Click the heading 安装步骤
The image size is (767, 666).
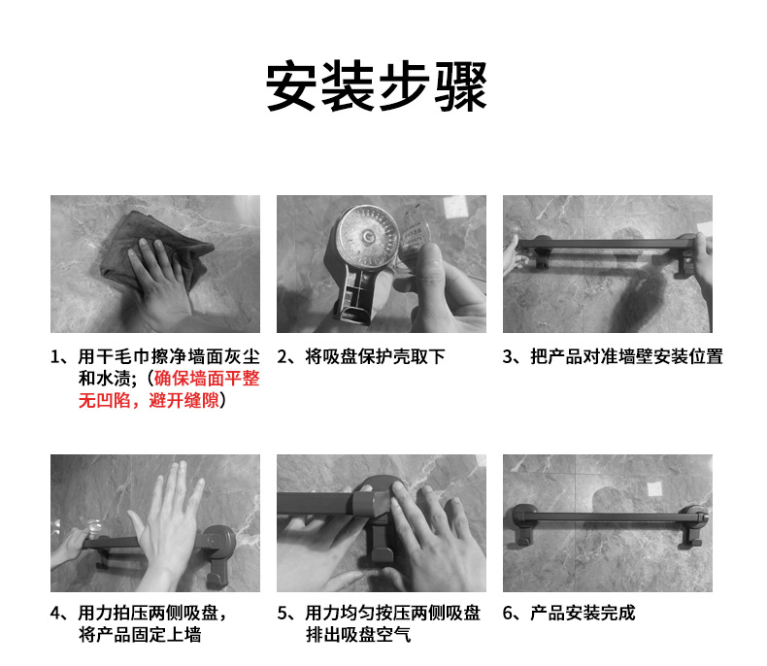pyautogui.click(x=376, y=86)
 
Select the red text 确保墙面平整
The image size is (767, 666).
pyautogui.click(x=207, y=379)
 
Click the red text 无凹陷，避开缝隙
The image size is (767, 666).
pyautogui.click(x=149, y=401)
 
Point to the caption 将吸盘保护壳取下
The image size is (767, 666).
pyautogui.click(x=375, y=356)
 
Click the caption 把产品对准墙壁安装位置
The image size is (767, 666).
pyautogui.click(x=626, y=356)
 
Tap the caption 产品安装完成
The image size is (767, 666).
pyautogui.click(x=583, y=613)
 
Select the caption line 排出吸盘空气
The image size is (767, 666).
pyautogui.click(x=358, y=635)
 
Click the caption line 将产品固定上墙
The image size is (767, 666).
pyautogui.click(x=140, y=635)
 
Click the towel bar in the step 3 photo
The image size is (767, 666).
pyautogui.click(x=606, y=244)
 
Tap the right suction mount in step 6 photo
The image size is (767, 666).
pyautogui.click(x=693, y=525)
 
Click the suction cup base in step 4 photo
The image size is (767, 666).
pyautogui.click(x=218, y=541)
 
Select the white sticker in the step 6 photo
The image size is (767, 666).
pyautogui.click(x=655, y=488)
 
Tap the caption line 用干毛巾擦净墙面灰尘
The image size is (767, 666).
pyautogui.click(x=169, y=356)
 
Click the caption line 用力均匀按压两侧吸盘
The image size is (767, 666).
pyautogui.click(x=393, y=613)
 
